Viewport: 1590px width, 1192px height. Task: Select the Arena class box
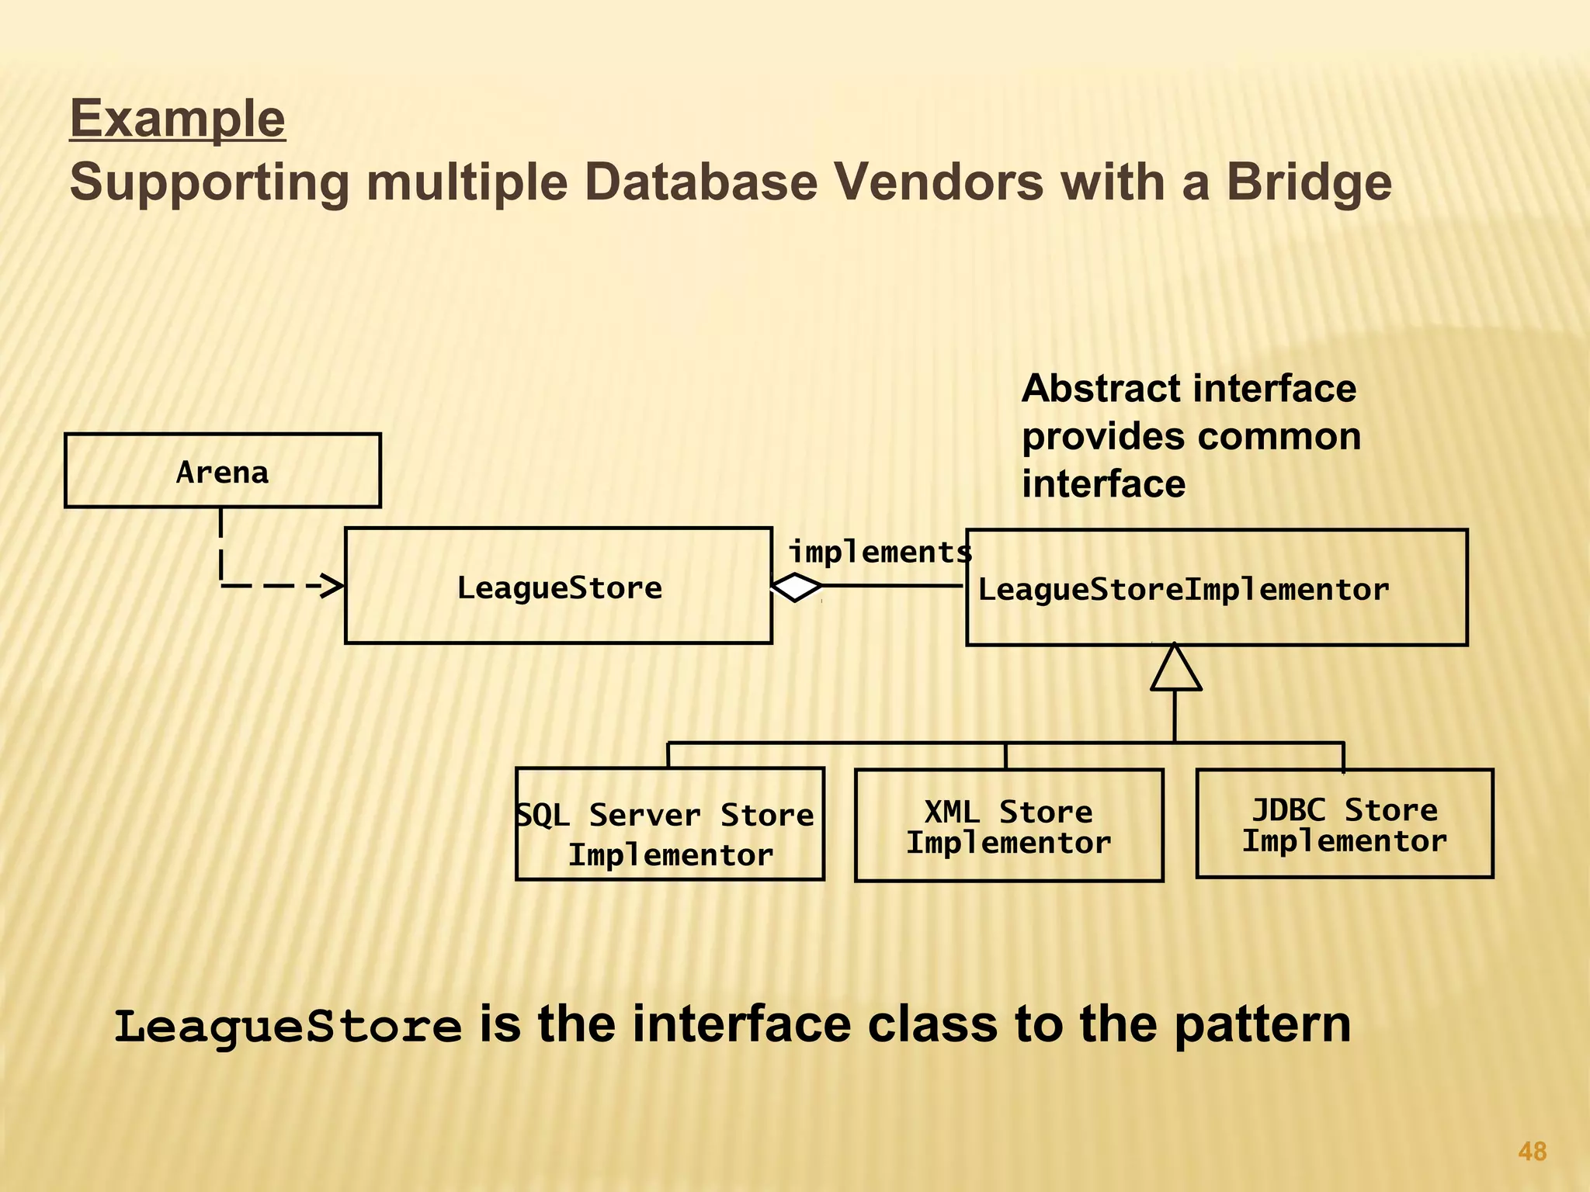(x=223, y=471)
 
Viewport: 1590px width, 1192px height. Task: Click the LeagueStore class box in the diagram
(x=558, y=587)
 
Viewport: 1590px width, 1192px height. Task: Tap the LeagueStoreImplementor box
(x=1216, y=588)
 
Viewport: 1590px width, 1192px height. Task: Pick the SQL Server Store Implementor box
(x=669, y=825)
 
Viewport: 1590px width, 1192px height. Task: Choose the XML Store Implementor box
(x=1009, y=826)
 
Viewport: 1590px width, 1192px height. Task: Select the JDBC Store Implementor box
(x=1344, y=824)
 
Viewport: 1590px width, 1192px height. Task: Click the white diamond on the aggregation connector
(x=797, y=587)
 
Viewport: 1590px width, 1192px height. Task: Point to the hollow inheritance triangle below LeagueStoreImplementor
(x=1175, y=670)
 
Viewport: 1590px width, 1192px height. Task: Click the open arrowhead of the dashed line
(x=332, y=586)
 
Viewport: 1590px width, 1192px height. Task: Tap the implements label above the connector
(x=880, y=553)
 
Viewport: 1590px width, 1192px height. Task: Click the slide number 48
(x=1532, y=1151)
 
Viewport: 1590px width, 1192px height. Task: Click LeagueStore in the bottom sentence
(x=288, y=1026)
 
